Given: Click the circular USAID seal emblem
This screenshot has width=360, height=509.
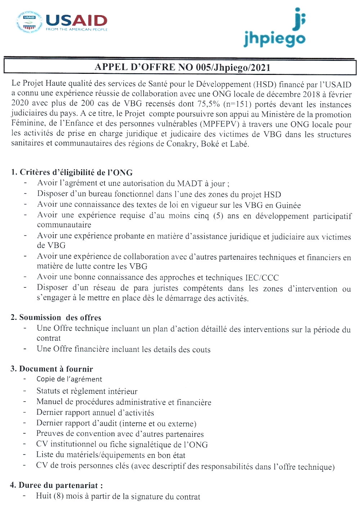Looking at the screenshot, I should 29,22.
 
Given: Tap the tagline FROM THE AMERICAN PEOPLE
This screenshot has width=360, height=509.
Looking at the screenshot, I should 76,30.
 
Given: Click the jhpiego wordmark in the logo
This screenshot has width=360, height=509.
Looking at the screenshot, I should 274,39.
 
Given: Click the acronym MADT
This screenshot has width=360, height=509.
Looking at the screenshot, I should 189,183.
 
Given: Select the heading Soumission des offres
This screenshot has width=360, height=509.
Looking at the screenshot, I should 60,317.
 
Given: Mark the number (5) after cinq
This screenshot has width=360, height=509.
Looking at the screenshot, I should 218,216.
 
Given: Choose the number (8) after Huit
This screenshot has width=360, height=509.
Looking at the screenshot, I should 59,496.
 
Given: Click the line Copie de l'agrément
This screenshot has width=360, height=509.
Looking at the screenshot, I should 69,379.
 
